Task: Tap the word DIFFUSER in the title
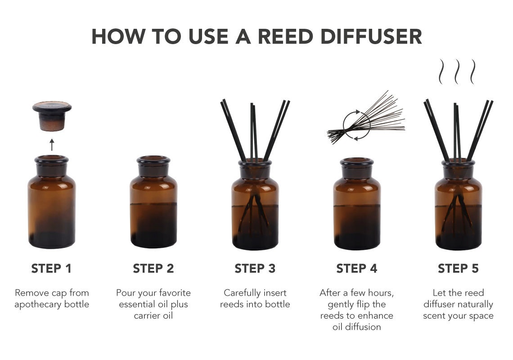[376, 36]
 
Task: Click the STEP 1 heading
[51, 269]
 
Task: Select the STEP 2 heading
[153, 269]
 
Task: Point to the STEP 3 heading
[255, 269]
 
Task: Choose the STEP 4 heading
[356, 269]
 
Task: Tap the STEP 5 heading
[458, 269]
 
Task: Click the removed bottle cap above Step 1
[52, 115]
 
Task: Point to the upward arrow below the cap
[52, 144]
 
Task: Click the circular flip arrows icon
[356, 125]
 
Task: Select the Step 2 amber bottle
[153, 207]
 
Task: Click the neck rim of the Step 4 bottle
[356, 161]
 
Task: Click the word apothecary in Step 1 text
[40, 305]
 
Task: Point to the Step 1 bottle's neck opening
[52, 159]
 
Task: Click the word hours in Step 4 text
[380, 293]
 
